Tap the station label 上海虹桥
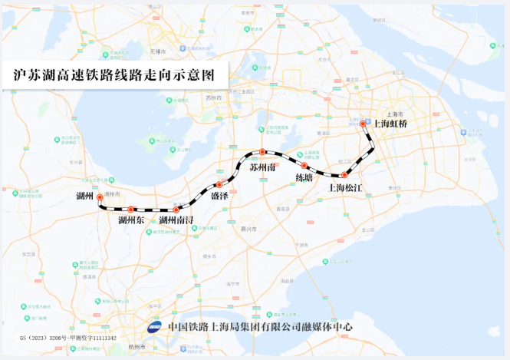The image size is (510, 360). pos(390,123)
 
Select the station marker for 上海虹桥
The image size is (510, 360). pos(364,123)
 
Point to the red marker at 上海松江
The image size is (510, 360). pos(344,175)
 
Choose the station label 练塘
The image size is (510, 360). pos(304,177)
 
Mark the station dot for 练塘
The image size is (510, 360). pos(304,165)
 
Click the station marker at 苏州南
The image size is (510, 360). pos(262,152)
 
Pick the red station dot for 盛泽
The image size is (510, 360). pos(219,184)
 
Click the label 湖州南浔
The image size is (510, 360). pos(176,221)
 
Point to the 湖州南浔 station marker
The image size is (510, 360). pos(176,209)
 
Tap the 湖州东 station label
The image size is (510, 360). pos(131,221)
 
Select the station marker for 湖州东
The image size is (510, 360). pos(131,209)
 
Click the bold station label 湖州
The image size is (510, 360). pos(84,197)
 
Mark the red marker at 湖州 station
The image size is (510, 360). pos(100,197)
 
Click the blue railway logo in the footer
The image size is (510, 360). pos(156,326)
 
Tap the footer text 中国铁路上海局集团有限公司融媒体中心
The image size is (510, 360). pos(261,326)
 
